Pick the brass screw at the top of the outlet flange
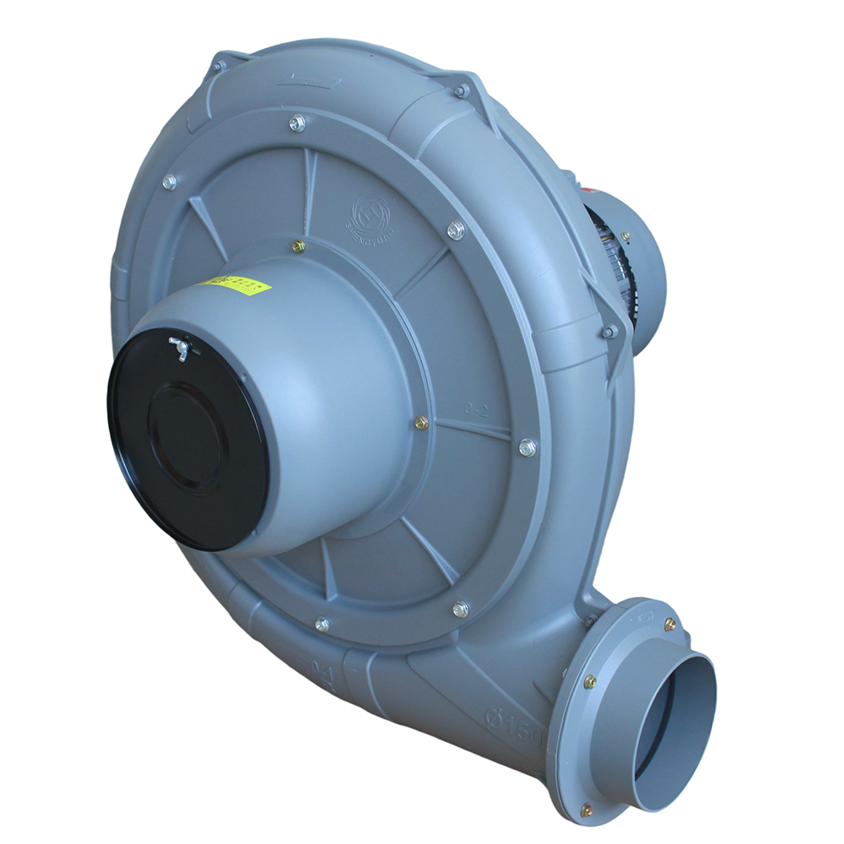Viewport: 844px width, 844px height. pyautogui.click(x=669, y=624)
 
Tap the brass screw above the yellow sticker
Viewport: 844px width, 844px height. pyautogui.click(x=298, y=246)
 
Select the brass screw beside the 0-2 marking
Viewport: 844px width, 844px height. pyautogui.click(x=421, y=422)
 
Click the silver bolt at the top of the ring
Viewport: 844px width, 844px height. pyautogui.click(x=297, y=122)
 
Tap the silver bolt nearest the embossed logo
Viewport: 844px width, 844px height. pyautogui.click(x=456, y=229)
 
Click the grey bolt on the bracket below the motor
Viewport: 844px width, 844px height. pyautogui.click(x=607, y=332)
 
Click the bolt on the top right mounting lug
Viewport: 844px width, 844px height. pyautogui.click(x=461, y=89)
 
